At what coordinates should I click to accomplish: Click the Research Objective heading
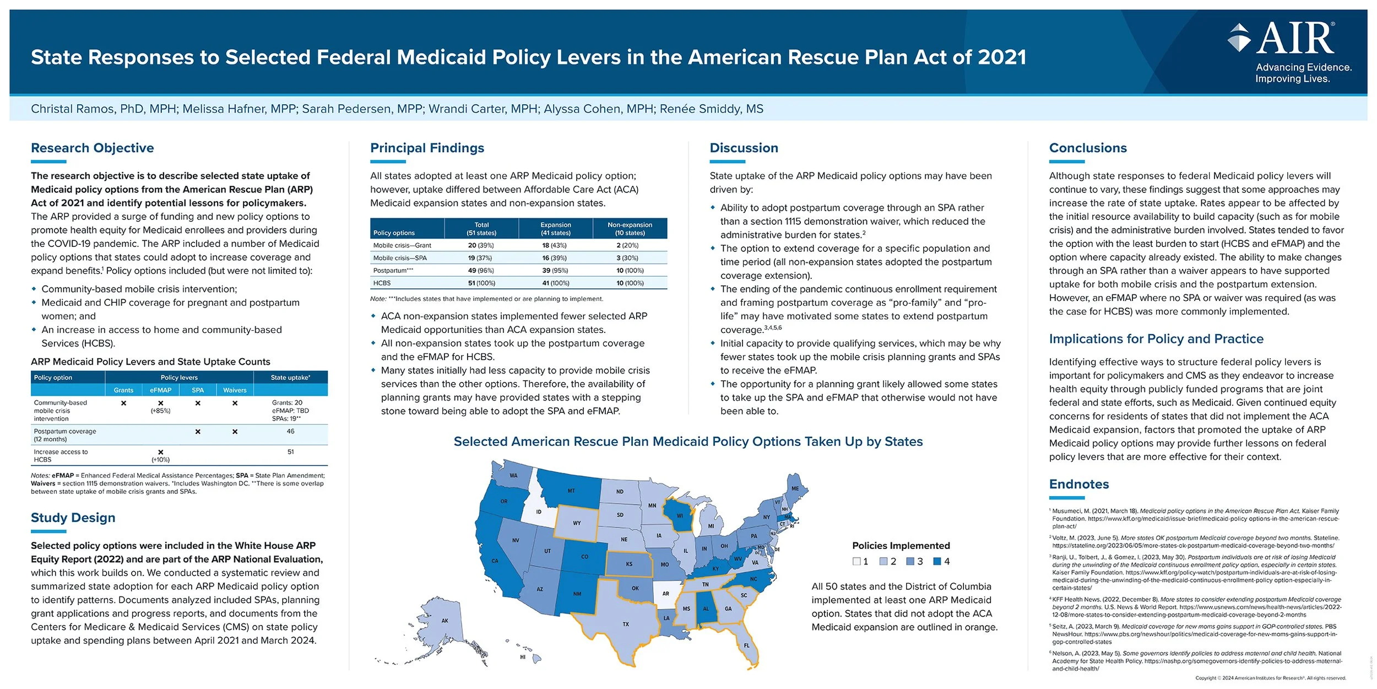click(93, 148)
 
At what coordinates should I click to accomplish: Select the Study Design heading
click(73, 518)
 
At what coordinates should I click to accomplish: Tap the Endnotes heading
click(1078, 484)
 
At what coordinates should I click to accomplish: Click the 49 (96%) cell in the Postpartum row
click(481, 271)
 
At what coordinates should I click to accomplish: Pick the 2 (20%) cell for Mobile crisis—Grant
click(627, 245)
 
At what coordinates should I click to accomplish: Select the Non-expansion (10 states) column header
click(630, 229)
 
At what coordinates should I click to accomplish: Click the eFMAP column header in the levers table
click(160, 390)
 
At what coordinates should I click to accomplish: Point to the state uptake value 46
click(290, 432)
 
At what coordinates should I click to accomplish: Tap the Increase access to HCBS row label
click(61, 455)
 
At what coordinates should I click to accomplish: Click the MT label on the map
click(571, 490)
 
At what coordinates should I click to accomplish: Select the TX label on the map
click(626, 624)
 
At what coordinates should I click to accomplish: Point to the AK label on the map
click(444, 621)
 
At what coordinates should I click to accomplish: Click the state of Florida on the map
click(747, 645)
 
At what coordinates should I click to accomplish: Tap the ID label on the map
click(539, 512)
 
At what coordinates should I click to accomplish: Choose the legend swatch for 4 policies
click(937, 561)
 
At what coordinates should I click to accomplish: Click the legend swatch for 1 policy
click(856, 561)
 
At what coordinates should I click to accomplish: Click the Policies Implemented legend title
click(901, 546)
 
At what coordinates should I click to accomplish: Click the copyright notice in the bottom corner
click(1270, 678)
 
